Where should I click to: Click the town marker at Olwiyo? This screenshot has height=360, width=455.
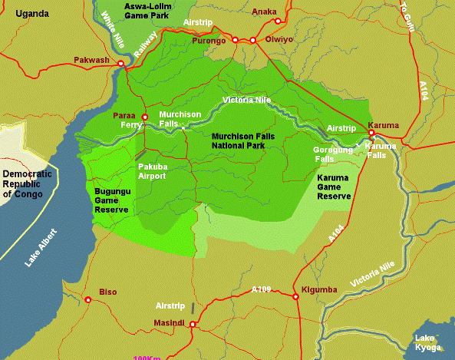point(252,40)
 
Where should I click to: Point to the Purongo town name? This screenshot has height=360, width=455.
point(209,40)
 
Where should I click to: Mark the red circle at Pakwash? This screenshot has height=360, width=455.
point(120,63)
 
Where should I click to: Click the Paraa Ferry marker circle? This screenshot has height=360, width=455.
point(145,117)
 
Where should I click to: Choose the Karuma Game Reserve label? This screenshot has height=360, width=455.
point(334,187)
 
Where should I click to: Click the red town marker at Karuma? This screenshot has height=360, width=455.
point(371,132)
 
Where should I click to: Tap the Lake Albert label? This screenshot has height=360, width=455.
point(43,247)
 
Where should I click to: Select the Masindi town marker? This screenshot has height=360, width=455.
point(193,325)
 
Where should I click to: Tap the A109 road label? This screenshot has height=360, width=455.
point(262,289)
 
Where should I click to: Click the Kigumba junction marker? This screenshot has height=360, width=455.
point(295,296)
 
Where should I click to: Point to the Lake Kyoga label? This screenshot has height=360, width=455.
point(428,343)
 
